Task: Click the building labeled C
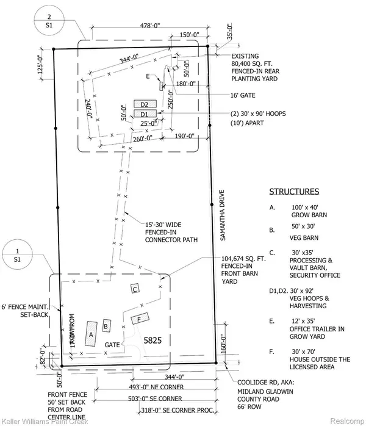[135, 289]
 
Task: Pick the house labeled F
[140, 319]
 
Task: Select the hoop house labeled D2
[145, 104]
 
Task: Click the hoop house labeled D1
[145, 114]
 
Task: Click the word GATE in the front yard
[112, 345]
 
